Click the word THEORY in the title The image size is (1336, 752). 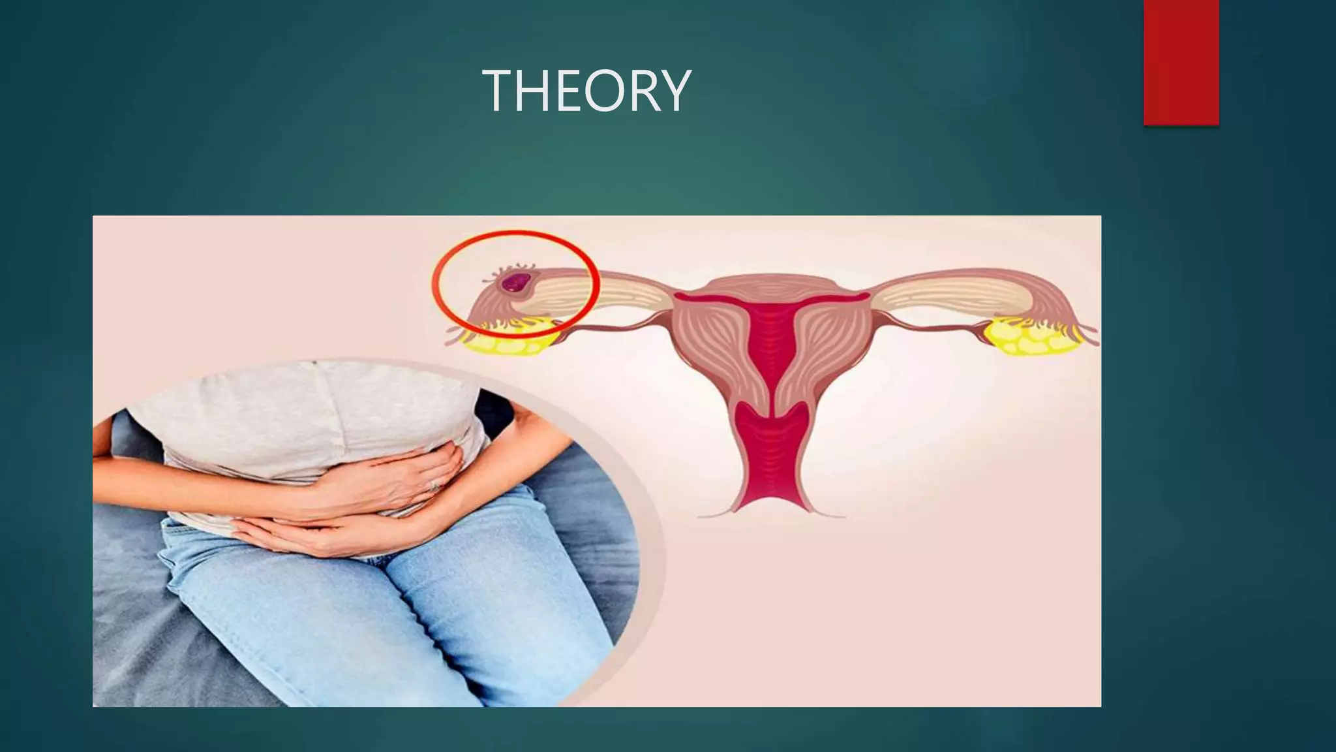tap(586, 91)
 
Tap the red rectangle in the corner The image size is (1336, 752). tap(1181, 62)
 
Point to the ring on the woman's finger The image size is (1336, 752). tap(434, 485)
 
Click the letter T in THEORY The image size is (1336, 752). tap(498, 91)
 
